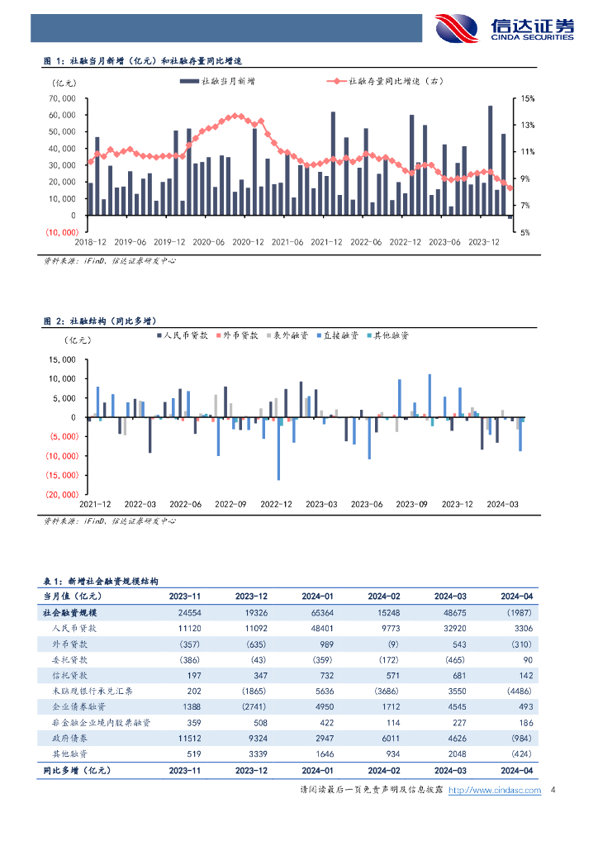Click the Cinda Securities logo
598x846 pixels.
point(505,30)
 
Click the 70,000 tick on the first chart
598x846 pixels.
point(63,98)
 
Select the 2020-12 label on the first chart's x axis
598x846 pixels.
point(248,242)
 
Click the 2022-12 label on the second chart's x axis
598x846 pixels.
point(276,503)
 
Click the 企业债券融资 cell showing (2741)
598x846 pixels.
point(251,706)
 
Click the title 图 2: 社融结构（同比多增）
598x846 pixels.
point(101,320)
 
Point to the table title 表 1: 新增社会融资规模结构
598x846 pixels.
point(100,581)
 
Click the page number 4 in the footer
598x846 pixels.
point(553,791)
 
